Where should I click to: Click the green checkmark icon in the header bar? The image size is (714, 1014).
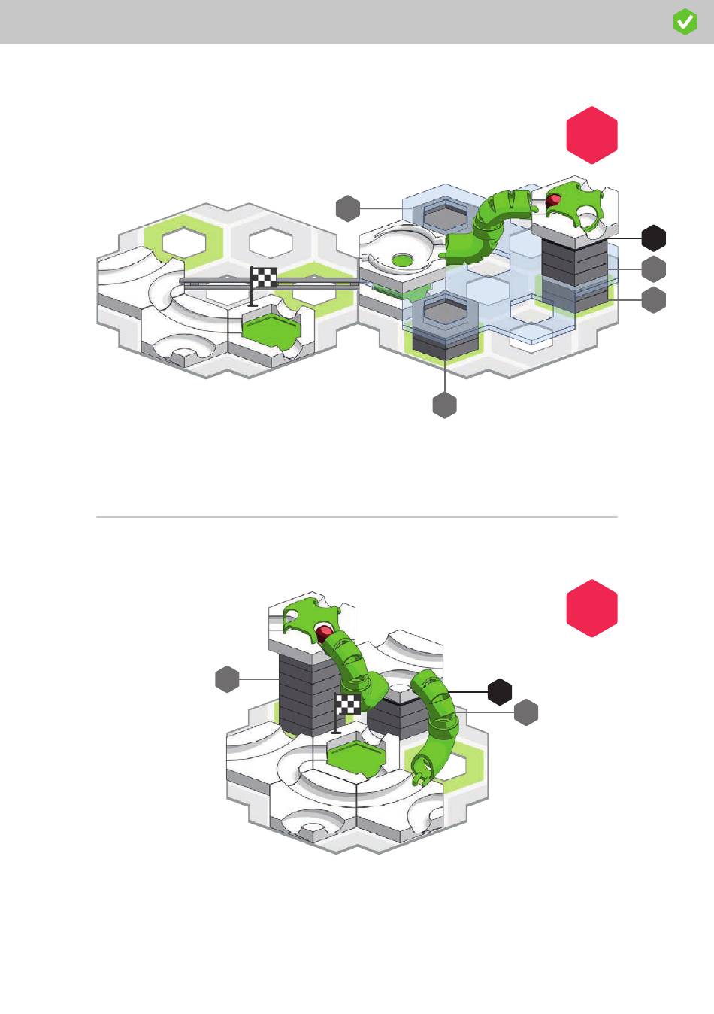685,23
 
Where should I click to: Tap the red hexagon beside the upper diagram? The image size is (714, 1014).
591,135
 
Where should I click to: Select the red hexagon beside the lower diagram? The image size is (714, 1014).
591,609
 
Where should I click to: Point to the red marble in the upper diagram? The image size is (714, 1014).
554,200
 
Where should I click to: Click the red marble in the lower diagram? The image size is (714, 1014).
325,630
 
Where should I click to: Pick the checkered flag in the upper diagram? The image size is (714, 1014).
264,278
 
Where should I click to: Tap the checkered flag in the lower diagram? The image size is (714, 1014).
348,705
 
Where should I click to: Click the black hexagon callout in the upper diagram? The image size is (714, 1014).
654,238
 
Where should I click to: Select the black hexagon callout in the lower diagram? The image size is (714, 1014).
500,691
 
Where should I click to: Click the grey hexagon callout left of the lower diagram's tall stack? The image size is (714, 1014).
227,679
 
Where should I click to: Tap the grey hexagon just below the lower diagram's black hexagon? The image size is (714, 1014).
526,712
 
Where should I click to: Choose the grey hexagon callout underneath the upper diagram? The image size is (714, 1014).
445,405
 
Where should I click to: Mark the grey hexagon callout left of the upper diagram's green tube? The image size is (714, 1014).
348,208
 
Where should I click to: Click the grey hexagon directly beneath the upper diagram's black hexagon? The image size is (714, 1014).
654,269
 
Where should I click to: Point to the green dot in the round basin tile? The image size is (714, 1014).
403,260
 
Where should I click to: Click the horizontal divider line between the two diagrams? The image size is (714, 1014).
357,517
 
